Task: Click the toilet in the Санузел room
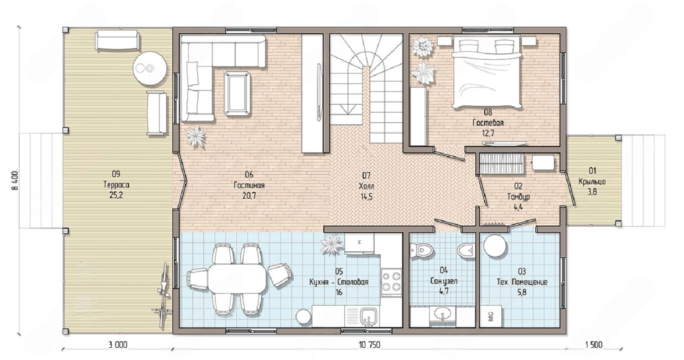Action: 422,251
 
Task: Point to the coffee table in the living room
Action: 237,94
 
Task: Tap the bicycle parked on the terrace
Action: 164,289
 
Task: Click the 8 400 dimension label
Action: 15,180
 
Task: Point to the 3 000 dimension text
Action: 118,345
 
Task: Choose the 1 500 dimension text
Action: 594,345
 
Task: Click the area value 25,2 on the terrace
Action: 116,195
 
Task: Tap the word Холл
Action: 367,186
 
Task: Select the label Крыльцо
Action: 592,181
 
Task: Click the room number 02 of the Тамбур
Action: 518,186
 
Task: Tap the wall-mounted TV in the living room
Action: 319,93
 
